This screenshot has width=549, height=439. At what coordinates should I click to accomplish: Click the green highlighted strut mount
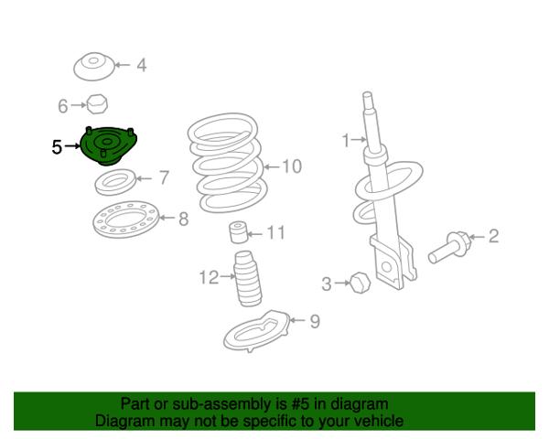click(109, 146)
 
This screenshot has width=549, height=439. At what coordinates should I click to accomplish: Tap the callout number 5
click(57, 147)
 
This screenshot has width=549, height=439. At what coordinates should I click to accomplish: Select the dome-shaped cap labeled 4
click(94, 67)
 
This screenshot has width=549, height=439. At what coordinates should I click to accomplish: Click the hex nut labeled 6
click(97, 104)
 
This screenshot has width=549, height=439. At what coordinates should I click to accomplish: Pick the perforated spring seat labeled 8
click(125, 219)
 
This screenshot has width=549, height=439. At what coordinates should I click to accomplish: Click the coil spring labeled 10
click(227, 163)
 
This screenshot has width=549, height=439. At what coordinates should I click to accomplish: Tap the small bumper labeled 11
click(238, 231)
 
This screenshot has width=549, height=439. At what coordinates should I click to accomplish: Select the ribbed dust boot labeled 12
click(248, 279)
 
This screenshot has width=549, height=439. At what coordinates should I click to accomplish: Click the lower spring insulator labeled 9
click(257, 331)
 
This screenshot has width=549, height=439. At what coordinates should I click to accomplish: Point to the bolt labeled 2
click(447, 248)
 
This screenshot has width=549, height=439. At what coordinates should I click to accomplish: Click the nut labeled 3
click(360, 283)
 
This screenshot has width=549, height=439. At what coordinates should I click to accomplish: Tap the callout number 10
click(292, 166)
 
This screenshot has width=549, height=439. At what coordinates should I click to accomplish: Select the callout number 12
click(209, 277)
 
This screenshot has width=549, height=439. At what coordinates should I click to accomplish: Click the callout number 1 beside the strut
click(346, 140)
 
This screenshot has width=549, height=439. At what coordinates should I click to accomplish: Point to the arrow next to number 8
click(167, 218)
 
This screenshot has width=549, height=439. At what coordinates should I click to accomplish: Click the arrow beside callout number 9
click(297, 320)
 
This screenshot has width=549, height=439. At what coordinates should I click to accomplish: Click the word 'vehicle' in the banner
click(380, 421)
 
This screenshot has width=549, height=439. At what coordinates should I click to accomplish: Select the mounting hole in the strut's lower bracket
click(386, 267)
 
